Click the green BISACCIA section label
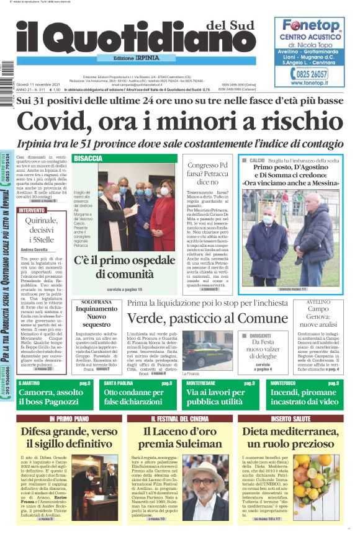point(88,159)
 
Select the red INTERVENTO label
point(32,210)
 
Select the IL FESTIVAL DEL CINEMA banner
point(180,419)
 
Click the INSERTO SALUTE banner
point(290,419)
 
